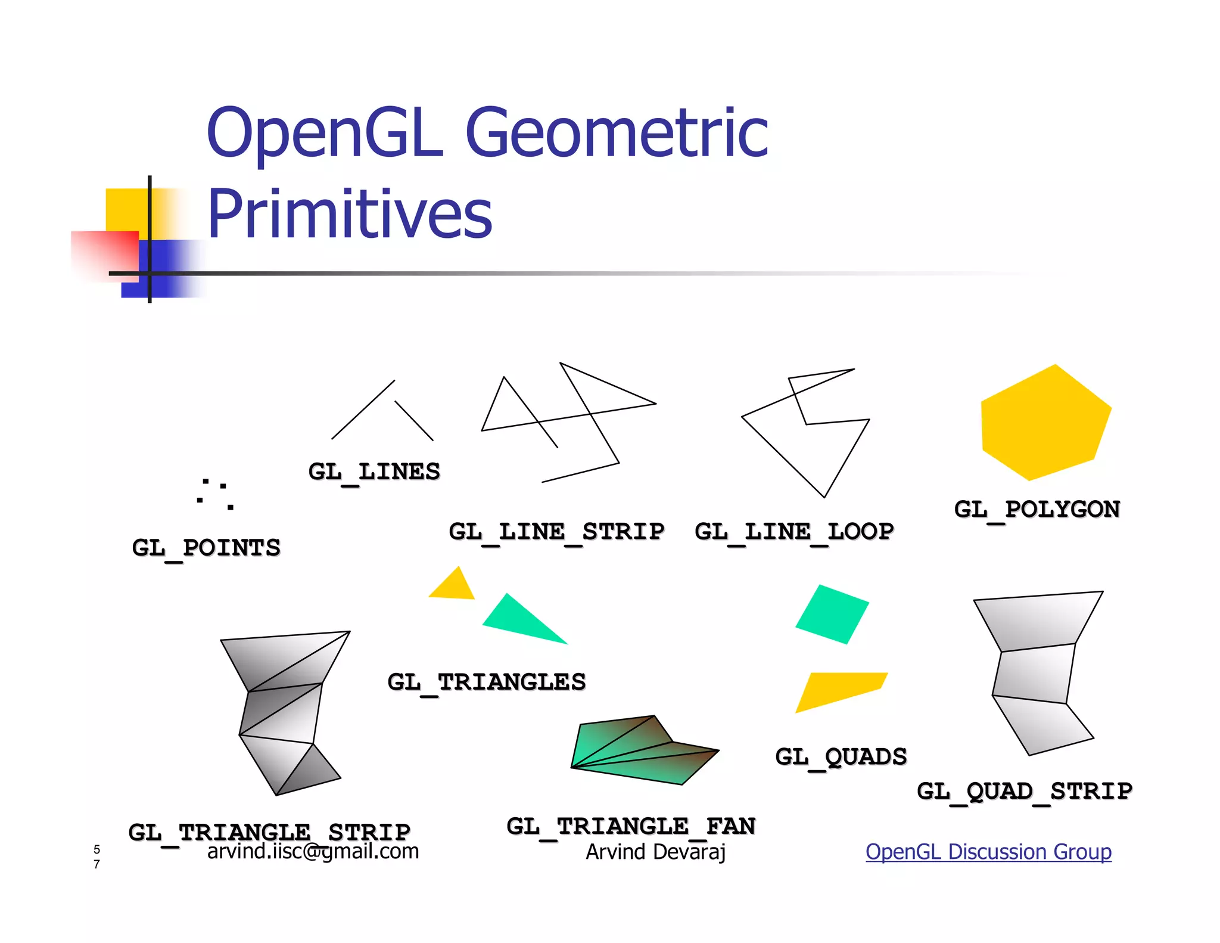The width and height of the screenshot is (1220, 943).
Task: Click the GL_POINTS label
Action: [x=206, y=547]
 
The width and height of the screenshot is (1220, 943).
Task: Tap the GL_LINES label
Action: [x=374, y=471]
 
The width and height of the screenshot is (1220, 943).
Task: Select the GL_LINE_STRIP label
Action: [x=556, y=531]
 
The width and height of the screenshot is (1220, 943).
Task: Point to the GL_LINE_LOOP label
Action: [x=794, y=531]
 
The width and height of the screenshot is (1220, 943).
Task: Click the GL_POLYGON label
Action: [x=1037, y=509]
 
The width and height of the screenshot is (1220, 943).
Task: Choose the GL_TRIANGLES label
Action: [x=486, y=682]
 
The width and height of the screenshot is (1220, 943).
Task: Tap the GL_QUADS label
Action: [x=841, y=756]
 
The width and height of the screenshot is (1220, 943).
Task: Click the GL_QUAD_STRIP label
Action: [x=1025, y=791]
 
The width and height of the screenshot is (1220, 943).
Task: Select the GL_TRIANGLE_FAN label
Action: [x=631, y=826]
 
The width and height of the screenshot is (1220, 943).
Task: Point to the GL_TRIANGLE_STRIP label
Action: [x=269, y=832]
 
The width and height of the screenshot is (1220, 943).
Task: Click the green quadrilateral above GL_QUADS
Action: [x=832, y=614]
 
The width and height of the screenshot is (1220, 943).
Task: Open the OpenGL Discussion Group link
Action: [x=988, y=852]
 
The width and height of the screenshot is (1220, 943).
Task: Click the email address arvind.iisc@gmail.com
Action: [x=313, y=851]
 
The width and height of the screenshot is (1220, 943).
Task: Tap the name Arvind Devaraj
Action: [x=655, y=852]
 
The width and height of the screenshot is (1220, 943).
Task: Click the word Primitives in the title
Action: [x=350, y=213]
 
